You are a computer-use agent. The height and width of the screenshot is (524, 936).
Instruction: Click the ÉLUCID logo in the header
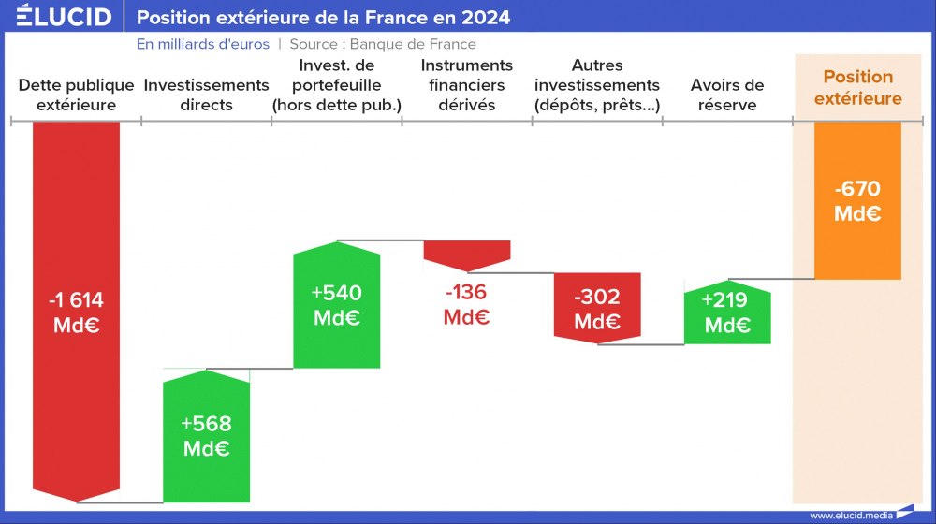point(64,17)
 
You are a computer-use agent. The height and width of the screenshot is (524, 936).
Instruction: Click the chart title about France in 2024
point(324,18)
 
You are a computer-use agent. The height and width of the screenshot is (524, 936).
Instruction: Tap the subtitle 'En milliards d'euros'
point(203,44)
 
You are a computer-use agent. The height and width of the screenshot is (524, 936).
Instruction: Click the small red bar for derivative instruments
point(467,251)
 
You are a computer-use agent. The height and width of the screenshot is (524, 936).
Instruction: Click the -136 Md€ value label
point(467,304)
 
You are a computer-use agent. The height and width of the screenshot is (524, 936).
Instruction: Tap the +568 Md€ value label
point(206,435)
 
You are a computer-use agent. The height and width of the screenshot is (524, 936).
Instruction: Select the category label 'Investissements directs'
point(206,95)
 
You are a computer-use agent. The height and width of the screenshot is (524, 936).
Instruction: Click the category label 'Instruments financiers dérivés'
point(467,85)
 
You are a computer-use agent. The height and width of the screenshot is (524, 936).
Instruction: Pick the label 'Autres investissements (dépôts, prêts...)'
point(596,85)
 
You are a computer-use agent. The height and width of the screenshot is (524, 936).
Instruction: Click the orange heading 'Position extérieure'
point(857,87)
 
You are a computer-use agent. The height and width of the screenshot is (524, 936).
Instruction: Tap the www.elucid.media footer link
point(850,515)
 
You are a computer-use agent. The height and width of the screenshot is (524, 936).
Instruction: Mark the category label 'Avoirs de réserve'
point(727,95)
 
